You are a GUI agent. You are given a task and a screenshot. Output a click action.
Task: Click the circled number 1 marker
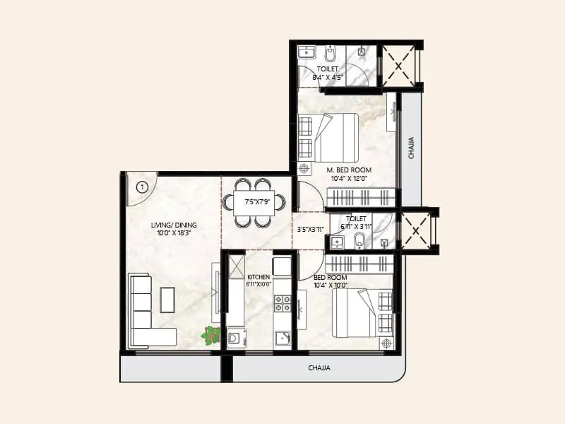[x=142, y=187]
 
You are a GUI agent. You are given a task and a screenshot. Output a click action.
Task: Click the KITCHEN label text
[x=258, y=277]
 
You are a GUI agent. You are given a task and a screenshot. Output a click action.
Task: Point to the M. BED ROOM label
[x=349, y=170]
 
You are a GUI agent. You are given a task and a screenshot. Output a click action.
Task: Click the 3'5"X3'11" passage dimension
[x=309, y=229]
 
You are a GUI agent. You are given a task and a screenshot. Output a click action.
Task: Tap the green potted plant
[x=211, y=335]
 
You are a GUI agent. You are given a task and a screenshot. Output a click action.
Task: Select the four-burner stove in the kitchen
[x=282, y=303]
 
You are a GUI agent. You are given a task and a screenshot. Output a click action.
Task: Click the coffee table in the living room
[x=168, y=300]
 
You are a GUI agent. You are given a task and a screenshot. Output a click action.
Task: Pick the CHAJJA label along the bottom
[x=319, y=368]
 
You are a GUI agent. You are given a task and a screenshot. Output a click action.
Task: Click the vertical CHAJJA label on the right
[x=411, y=149]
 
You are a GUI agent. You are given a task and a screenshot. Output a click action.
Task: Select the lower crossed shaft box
[x=416, y=230]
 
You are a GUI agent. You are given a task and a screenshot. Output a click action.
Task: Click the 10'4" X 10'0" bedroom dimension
[x=331, y=285]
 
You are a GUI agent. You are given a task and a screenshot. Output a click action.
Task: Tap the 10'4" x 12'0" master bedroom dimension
[x=349, y=179]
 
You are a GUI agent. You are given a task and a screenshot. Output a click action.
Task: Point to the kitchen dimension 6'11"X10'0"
[x=258, y=285]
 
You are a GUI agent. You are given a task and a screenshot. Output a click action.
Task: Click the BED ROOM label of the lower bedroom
[x=331, y=278]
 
